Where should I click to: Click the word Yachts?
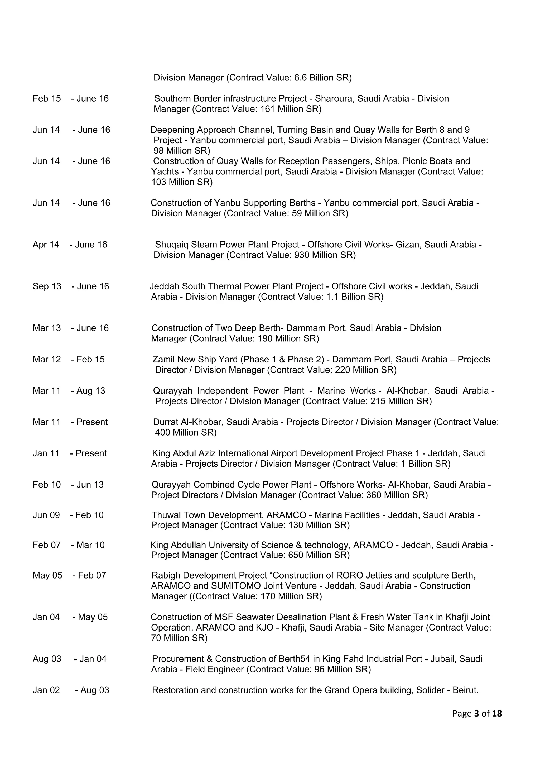click(165, 172)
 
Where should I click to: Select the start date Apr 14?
click(46, 245)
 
